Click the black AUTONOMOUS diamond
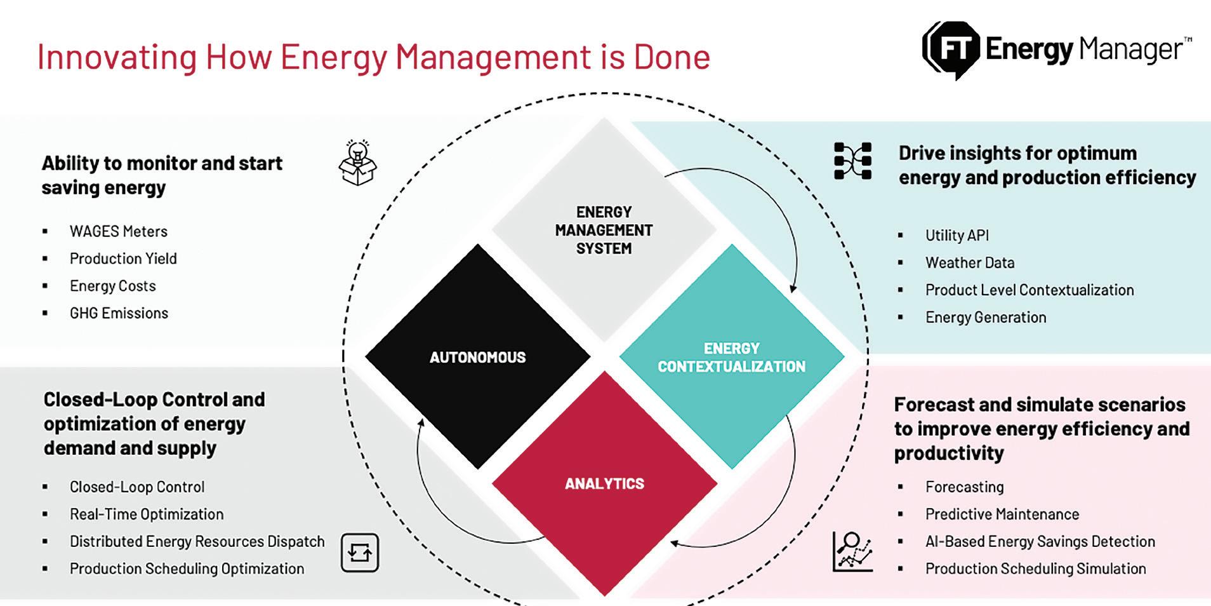click(477, 357)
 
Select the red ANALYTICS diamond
click(604, 484)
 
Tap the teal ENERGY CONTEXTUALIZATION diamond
click(731, 357)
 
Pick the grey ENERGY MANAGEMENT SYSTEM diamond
click(604, 230)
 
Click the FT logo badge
click(950, 50)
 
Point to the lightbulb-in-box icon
click(358, 163)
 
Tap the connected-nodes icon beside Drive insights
click(852, 161)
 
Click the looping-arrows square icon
click(360, 553)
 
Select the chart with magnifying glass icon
click(852, 551)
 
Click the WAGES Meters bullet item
click(119, 231)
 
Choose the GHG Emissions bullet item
click(119, 313)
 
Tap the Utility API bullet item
click(956, 235)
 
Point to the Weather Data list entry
click(969, 262)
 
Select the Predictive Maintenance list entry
click(1002, 514)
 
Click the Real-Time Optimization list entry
click(147, 514)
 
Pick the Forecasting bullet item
click(964, 487)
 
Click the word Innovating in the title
click(117, 57)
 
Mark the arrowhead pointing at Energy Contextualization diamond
click(793, 288)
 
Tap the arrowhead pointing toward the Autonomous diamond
click(420, 423)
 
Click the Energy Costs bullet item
click(112, 286)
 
